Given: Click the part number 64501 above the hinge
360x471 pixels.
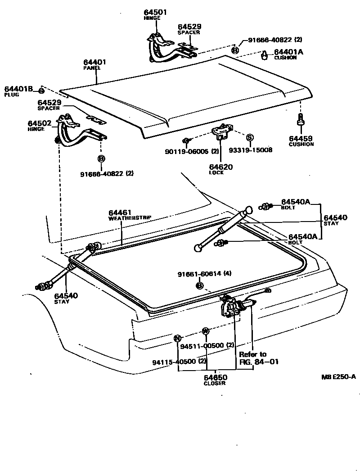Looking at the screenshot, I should tap(155, 12).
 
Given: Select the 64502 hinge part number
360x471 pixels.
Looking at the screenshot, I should tap(38, 123).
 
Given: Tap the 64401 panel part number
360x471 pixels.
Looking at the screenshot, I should tap(94, 62).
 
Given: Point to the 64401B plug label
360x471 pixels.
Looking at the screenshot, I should tap(19, 89).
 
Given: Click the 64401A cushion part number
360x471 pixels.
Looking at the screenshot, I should tap(288, 52).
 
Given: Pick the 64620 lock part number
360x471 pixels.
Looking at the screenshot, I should tap(220, 167).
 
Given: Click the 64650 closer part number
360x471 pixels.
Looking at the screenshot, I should tap(216, 377).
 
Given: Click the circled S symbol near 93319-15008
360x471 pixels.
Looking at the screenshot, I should tap(250, 137).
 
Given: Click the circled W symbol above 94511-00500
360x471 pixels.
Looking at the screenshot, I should tap(205, 331).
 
